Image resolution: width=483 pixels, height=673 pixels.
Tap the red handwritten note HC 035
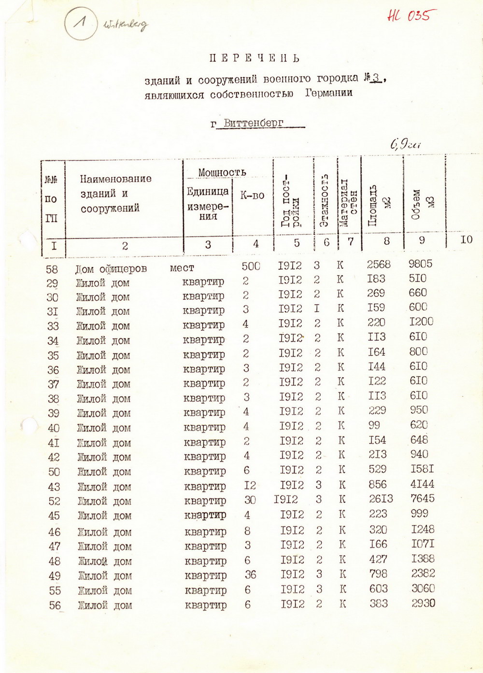408,15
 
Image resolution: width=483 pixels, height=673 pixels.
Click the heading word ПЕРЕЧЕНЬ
255,58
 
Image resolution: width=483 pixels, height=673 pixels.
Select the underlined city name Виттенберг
254,123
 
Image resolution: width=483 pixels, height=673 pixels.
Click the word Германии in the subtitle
328,93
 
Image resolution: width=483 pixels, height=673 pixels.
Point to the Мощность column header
222,172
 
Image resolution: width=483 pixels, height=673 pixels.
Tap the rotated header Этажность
325,200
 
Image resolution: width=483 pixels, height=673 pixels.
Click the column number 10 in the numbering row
466,240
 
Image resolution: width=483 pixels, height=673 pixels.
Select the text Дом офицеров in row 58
111,269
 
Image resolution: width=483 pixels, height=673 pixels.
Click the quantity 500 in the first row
251,266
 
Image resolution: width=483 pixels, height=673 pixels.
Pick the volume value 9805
420,264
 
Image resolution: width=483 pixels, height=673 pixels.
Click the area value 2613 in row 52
381,499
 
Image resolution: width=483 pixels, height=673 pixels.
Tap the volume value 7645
423,498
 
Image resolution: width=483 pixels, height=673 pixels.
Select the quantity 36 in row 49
250,575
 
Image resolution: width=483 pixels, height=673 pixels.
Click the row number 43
54,487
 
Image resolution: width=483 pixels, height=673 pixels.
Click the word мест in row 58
182,268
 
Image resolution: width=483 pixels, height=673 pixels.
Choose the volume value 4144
422,484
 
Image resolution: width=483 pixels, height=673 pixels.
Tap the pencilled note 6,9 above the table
405,144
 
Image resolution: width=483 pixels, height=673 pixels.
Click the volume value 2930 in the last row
423,603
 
